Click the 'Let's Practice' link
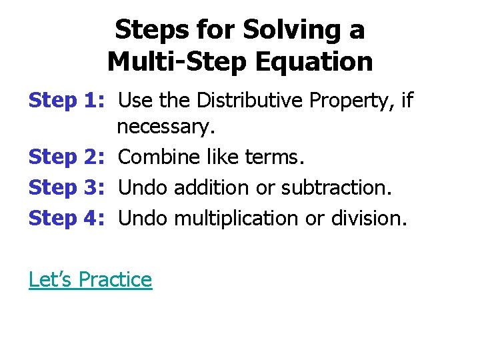pyautogui.click(x=90, y=279)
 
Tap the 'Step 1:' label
pyautogui.click(x=66, y=101)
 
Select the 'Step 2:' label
pyautogui.click(x=66, y=157)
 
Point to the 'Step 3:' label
pyautogui.click(x=66, y=188)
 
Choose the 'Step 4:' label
pyautogui.click(x=66, y=218)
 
